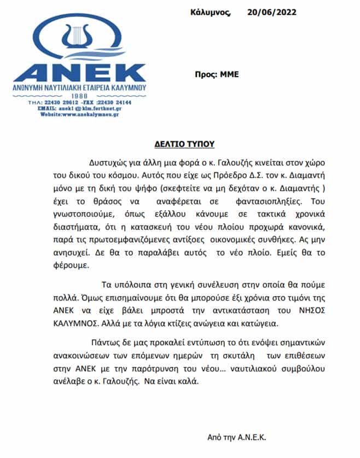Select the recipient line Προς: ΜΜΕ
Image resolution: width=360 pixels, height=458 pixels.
pos(217,75)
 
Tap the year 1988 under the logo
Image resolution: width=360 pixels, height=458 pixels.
pos(80,96)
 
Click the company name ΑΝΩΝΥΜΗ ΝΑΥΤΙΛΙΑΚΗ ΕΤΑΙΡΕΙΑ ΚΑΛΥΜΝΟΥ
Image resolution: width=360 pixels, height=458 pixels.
pos(80,88)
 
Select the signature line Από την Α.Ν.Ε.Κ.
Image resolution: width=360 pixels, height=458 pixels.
pos(237,438)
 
